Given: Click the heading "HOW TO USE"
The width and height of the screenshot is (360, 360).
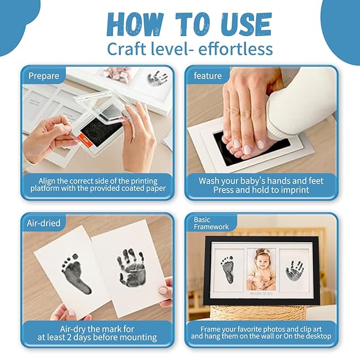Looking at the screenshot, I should point(189,24).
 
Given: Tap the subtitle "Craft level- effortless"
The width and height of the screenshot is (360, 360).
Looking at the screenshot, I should point(189,49).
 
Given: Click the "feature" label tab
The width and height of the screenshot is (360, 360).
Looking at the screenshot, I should point(207,76).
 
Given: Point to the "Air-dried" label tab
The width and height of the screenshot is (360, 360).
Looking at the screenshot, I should point(43,223).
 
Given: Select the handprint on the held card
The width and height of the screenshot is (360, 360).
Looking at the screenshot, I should point(131,267).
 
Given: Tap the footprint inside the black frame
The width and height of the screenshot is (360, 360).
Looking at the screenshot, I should point(227,269).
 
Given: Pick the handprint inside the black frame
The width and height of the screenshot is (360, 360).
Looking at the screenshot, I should point(294,270).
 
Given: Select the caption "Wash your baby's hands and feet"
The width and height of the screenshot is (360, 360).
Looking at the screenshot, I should point(261,181).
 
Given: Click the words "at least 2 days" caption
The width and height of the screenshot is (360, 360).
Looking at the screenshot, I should point(97,337).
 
